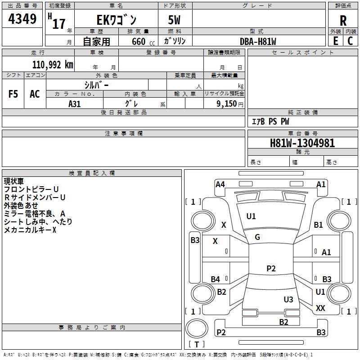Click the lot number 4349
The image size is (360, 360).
tap(22, 19)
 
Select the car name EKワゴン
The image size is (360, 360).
tap(117, 20)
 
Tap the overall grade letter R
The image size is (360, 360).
tap(343, 21)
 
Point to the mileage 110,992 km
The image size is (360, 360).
tap(53, 65)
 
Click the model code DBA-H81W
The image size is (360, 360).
tap(258, 41)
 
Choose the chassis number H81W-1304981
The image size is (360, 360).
tap(302, 143)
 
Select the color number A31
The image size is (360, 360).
tap(74, 104)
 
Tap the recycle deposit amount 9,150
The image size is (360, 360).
tap(227, 104)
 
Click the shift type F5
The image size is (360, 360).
tap(13, 94)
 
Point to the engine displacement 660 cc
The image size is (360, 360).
tap(143, 42)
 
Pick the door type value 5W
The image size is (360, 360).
tap(174, 20)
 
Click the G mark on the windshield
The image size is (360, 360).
tap(257, 237)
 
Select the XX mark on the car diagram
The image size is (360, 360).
tap(320, 308)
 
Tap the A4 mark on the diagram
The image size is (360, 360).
tap(220, 184)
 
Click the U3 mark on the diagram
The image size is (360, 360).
tap(288, 299)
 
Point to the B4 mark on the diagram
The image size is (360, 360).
tap(216, 279)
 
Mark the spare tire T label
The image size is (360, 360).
tap(197, 344)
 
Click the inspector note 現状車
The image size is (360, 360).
tap(13, 181)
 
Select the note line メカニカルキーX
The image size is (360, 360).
tap(30, 229)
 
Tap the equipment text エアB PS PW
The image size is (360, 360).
tap(270, 121)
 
